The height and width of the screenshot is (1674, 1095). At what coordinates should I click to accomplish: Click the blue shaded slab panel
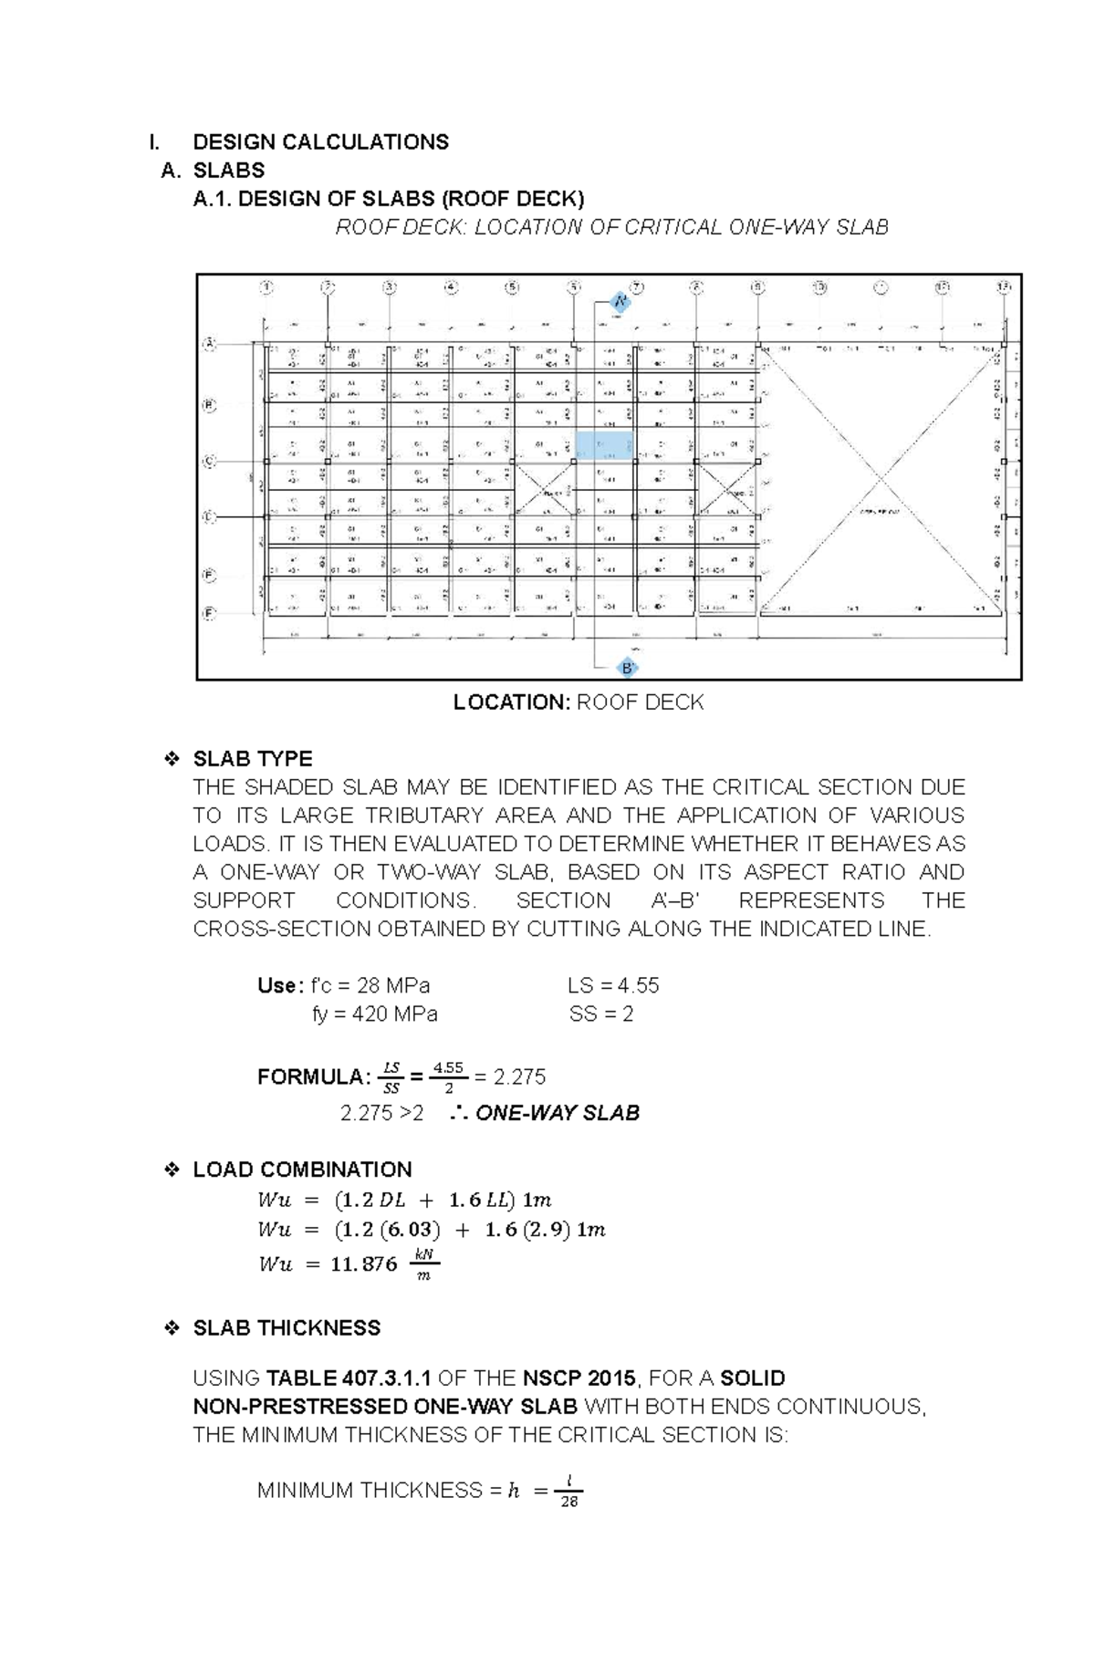[603, 445]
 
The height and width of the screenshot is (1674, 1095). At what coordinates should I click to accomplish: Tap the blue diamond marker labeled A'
[620, 302]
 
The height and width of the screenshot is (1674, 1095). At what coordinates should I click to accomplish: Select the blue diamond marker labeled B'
[627, 668]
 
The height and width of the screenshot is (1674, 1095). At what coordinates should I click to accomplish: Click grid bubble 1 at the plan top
[266, 287]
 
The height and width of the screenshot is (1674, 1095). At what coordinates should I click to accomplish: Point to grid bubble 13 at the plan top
[1004, 287]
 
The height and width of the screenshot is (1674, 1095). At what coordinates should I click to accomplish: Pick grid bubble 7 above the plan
[636, 287]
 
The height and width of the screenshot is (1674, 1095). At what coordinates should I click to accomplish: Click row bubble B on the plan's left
[209, 405]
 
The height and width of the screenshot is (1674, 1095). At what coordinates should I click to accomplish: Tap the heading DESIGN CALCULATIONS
[320, 141]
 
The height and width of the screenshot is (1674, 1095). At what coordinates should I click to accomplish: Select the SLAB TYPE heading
[252, 759]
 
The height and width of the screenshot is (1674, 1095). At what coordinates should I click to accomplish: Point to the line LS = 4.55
[612, 985]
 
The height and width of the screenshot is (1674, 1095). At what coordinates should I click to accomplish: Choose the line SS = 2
[600, 1014]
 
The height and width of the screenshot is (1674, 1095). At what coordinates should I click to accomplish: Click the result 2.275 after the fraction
[519, 1077]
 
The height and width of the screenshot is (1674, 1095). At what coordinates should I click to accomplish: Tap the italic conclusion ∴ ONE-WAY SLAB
[545, 1113]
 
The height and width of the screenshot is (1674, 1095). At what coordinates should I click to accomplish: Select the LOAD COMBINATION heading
[301, 1170]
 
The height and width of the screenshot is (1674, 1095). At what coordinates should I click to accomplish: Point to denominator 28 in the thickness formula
[569, 1502]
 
